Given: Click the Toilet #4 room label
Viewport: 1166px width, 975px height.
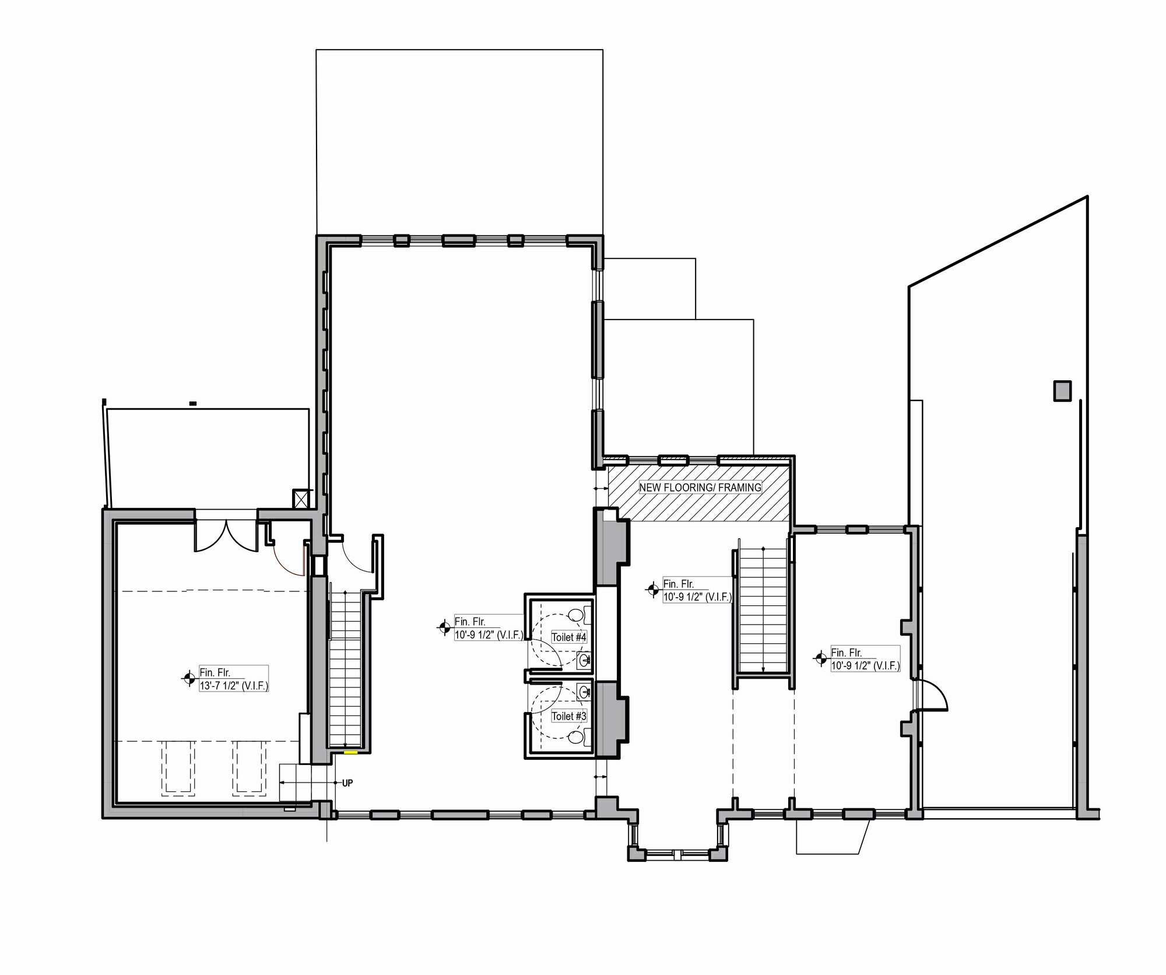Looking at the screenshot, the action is (x=568, y=637).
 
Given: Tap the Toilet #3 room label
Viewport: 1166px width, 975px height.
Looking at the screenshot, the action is (x=568, y=716).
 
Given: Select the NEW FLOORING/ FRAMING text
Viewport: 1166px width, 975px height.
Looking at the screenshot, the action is (x=700, y=487).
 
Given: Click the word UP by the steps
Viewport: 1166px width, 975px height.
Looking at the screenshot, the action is (x=347, y=783).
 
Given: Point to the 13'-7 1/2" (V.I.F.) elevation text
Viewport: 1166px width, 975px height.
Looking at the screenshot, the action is (x=234, y=686).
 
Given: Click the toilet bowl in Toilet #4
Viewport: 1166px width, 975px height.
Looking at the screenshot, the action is (x=576, y=615).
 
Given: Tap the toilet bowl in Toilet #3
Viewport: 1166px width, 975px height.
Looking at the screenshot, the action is (x=576, y=737).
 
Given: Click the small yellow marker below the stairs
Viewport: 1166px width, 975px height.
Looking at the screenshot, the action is (x=350, y=753).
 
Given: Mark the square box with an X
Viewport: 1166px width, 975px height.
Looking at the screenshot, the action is (x=301, y=499).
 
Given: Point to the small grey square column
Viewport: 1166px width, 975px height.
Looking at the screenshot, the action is (x=1062, y=391).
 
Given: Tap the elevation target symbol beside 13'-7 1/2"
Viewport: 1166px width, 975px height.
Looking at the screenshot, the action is (x=188, y=678).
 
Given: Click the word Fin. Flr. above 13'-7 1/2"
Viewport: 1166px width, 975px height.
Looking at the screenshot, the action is (x=215, y=672).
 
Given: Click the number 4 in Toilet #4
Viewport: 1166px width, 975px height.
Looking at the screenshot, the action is (x=583, y=637).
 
